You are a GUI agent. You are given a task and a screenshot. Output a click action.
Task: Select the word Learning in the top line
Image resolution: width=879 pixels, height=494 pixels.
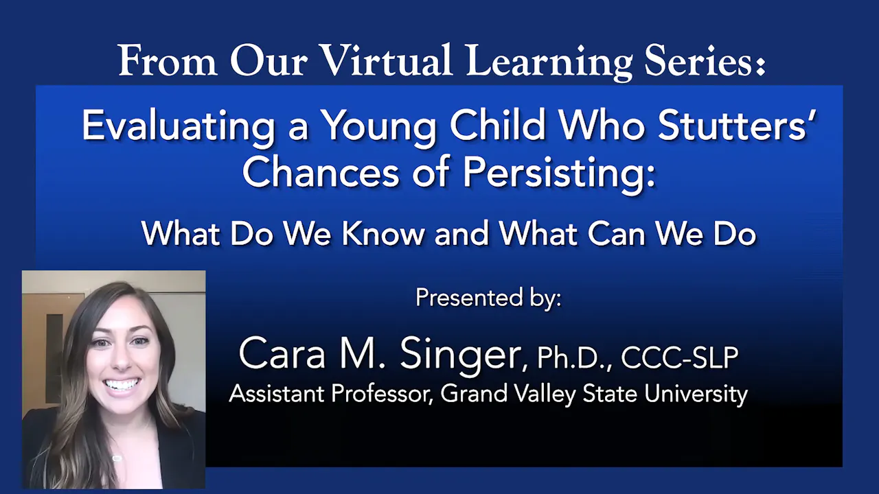coord(549,62)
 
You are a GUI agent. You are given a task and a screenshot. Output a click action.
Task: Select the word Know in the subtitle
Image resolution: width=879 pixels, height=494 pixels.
coord(383,234)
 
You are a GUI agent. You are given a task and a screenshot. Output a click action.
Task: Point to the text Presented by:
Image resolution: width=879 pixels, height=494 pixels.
coord(488,298)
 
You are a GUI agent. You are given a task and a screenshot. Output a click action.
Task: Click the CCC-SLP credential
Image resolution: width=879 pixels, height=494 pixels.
coord(680,357)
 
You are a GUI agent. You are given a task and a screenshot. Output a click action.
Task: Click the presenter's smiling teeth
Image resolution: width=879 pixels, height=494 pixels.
coord(122,384)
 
